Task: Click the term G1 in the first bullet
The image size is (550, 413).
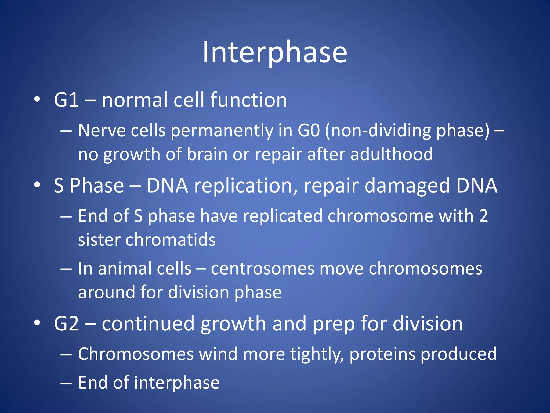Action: pos(66,100)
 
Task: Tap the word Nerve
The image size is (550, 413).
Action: pos(102,131)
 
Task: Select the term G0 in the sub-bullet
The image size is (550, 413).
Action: pos(309,131)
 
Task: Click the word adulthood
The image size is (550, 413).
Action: pos(391,154)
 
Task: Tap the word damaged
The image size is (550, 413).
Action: pos(407,186)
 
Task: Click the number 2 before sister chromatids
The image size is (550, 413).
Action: pos(483,216)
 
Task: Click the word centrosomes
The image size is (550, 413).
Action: pos(262,269)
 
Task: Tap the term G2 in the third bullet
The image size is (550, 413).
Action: pos(66,323)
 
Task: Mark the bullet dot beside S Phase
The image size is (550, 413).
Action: pos(37,185)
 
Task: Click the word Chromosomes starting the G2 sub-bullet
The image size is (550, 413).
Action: pos(136,354)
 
